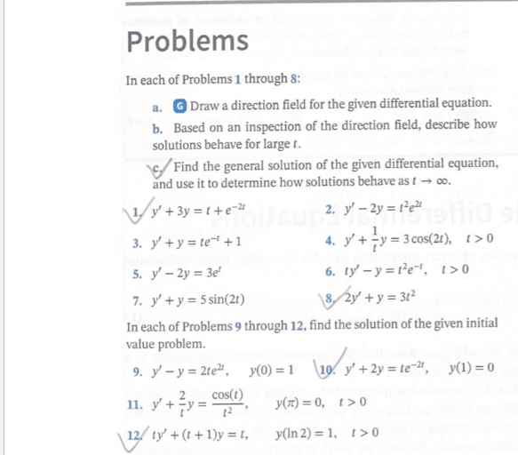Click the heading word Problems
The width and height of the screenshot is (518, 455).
click(187, 40)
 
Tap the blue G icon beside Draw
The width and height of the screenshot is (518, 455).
click(180, 104)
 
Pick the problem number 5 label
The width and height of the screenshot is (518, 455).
click(130, 270)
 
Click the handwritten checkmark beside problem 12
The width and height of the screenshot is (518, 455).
click(129, 435)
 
